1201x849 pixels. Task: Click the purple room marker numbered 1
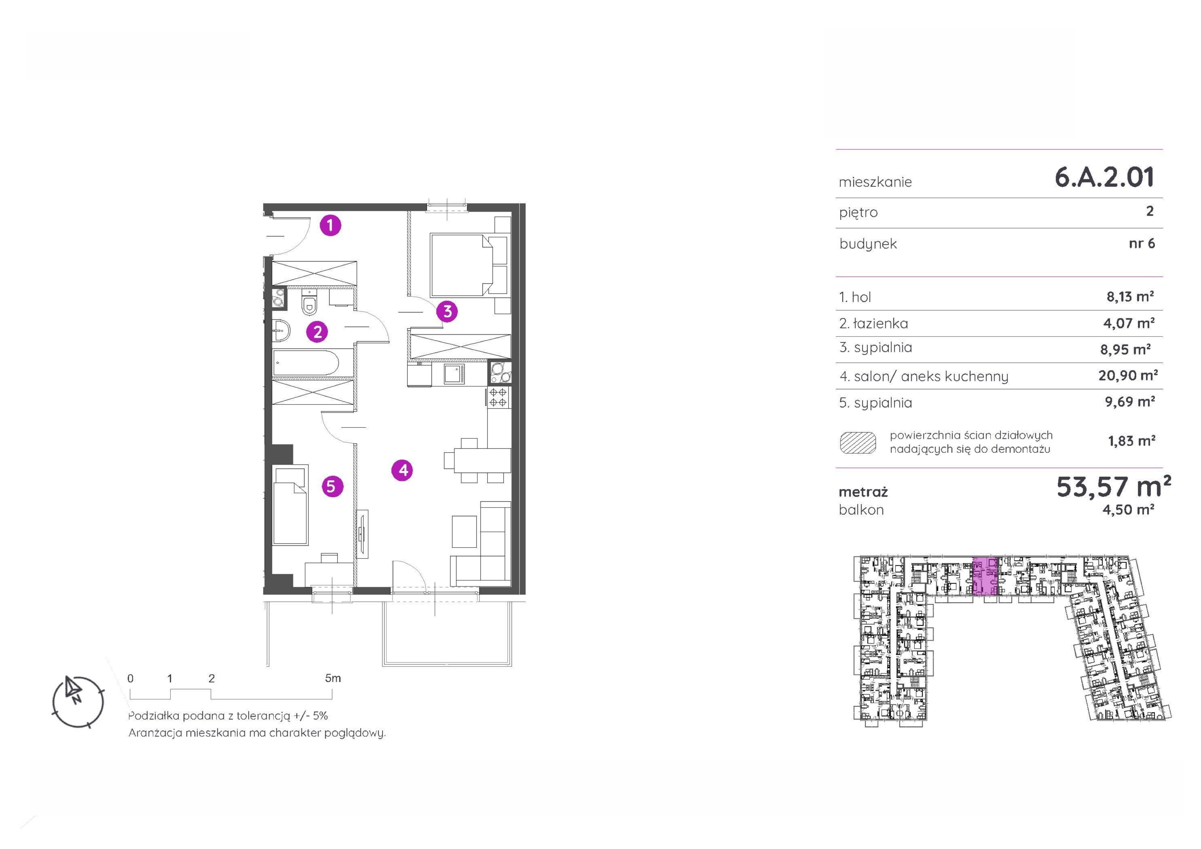330,225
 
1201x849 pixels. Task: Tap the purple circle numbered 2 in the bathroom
317,332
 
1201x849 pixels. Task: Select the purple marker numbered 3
447,311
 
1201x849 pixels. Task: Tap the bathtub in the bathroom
306,363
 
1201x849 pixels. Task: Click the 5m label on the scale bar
333,678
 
